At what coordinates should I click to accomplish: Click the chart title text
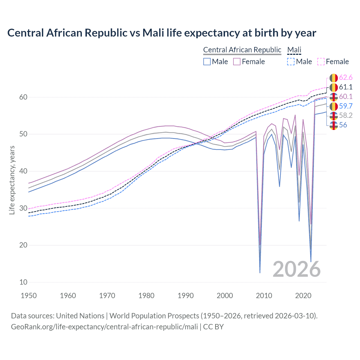162,33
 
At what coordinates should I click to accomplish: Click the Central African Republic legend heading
242,50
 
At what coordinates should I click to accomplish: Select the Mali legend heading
294,50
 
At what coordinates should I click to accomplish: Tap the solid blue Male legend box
207,62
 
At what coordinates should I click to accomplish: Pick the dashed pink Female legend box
321,62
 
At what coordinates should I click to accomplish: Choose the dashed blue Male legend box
291,62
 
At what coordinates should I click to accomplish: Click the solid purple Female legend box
237,62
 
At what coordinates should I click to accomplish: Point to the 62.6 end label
346,78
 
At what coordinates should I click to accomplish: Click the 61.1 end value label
346,87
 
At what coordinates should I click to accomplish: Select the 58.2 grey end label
346,115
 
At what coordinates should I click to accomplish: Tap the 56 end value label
343,125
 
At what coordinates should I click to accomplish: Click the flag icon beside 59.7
334,106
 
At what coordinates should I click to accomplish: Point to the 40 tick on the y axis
23,171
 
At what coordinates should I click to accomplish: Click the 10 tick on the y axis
23,282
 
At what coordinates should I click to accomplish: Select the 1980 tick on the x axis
146,296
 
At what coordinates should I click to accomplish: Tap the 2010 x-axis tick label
264,296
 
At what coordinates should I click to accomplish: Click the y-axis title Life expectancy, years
12,180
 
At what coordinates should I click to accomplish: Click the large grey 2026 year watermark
296,269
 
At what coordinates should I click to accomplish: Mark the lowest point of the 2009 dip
260,273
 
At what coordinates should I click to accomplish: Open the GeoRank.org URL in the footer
104,327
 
